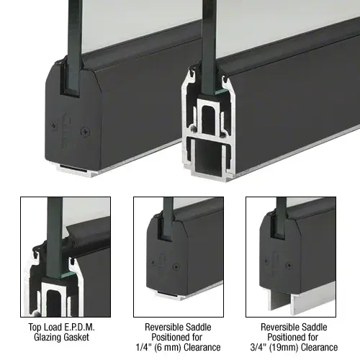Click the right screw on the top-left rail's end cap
pyautogui.click(x=87, y=131)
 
